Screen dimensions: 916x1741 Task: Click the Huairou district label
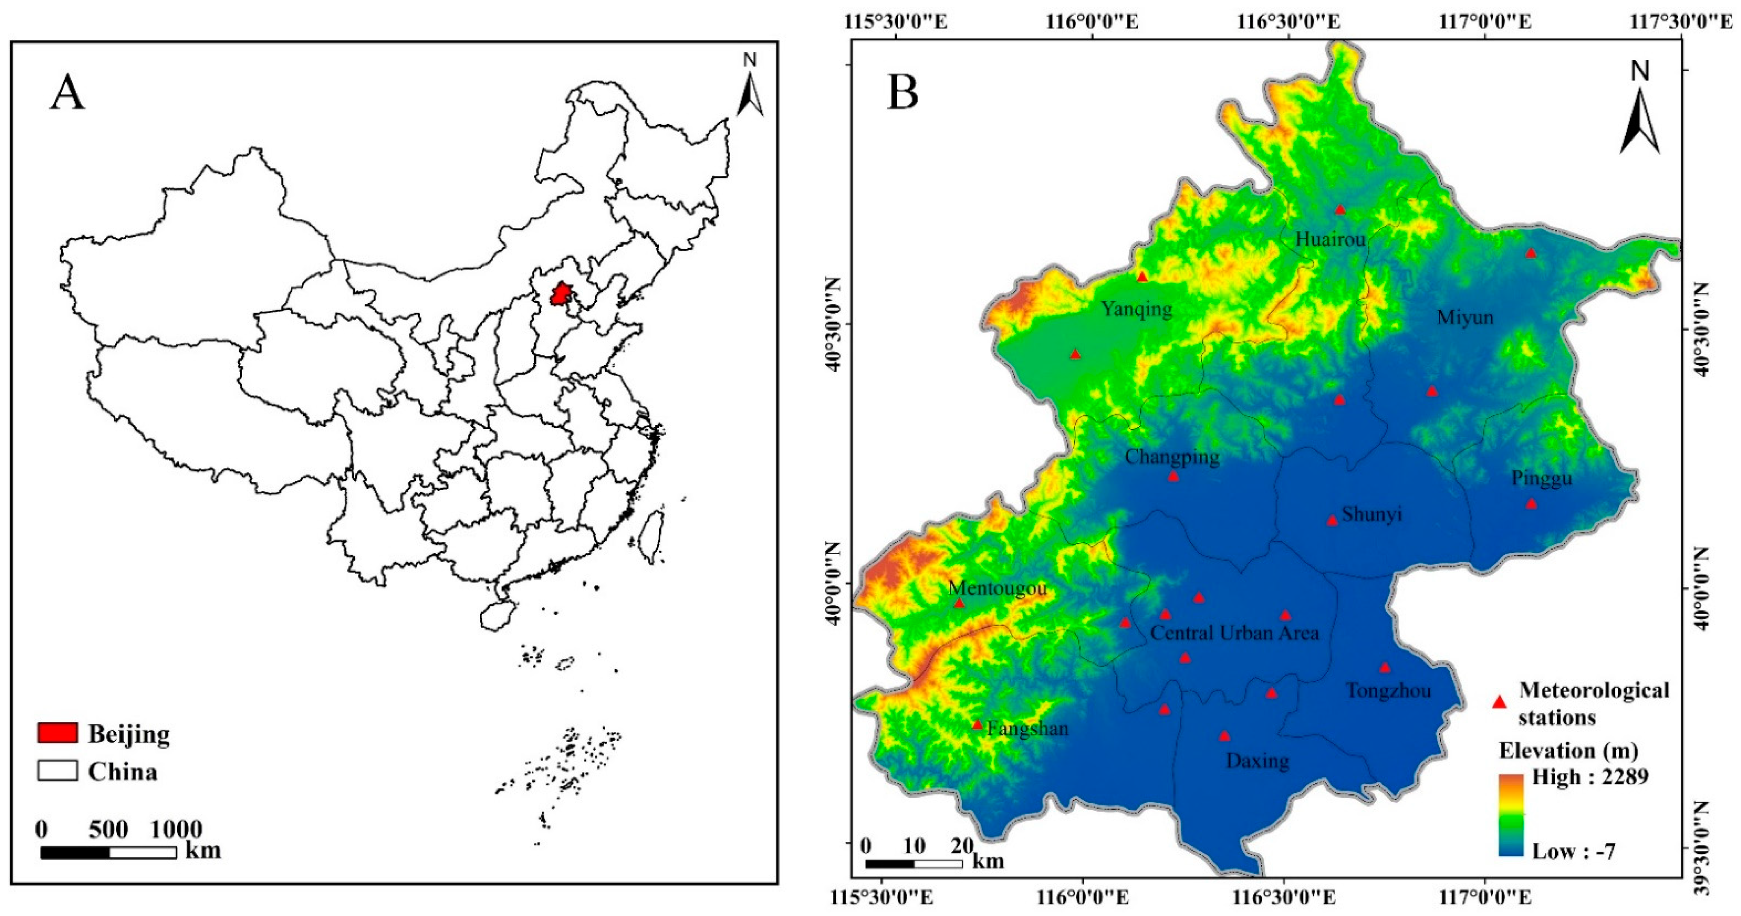pyautogui.click(x=1330, y=239)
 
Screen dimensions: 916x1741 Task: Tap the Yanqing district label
pyautogui.click(x=1137, y=309)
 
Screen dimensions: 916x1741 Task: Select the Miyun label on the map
pyautogui.click(x=1465, y=317)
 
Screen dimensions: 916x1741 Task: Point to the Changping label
pyautogui.click(x=1172, y=457)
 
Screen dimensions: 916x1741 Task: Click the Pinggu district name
pyautogui.click(x=1541, y=478)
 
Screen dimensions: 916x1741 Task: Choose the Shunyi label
pyautogui.click(x=1372, y=514)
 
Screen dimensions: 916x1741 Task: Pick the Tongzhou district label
pyautogui.click(x=1388, y=691)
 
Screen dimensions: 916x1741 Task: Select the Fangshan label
pyautogui.click(x=1028, y=728)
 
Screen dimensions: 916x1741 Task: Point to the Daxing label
pyautogui.click(x=1257, y=761)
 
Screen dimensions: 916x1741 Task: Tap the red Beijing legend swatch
pyautogui.click(x=58, y=733)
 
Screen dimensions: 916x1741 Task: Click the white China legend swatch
pyautogui.click(x=58, y=771)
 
